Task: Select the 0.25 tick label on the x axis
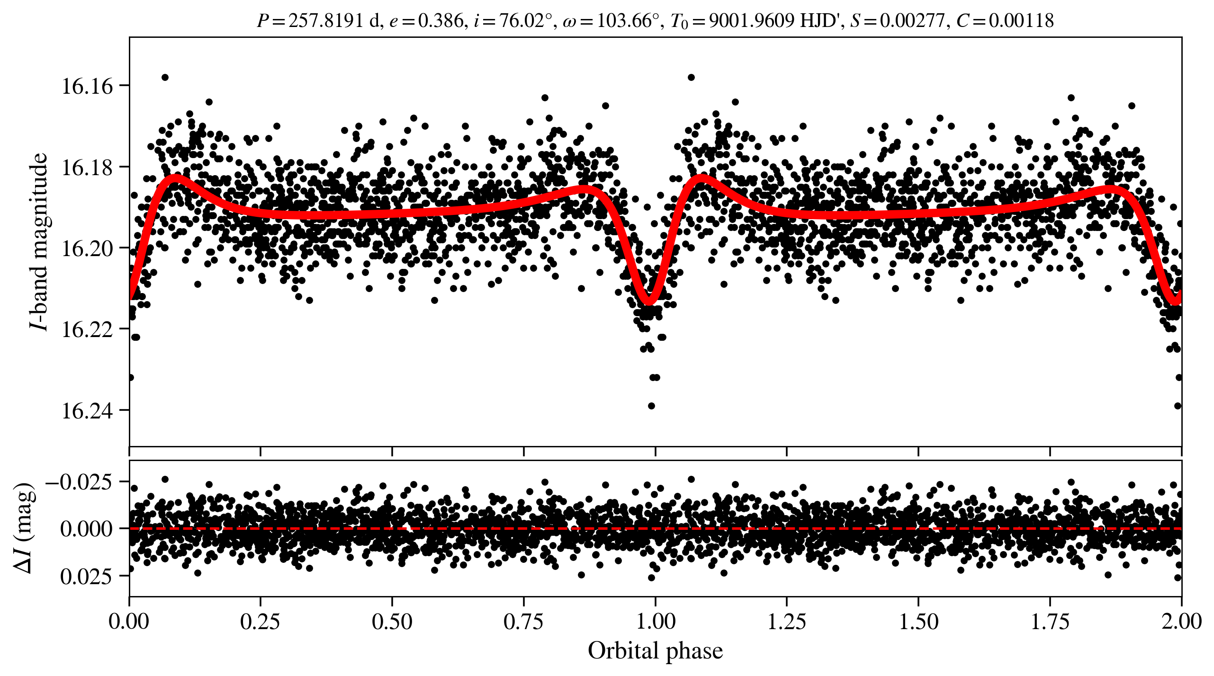[x=260, y=621]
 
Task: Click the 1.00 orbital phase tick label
[x=655, y=621]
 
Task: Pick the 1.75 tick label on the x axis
[x=1050, y=621]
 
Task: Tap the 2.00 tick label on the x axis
[x=1181, y=621]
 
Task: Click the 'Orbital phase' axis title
[x=655, y=650]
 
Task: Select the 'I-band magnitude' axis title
[x=39, y=241]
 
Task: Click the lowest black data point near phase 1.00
[x=651, y=406]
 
